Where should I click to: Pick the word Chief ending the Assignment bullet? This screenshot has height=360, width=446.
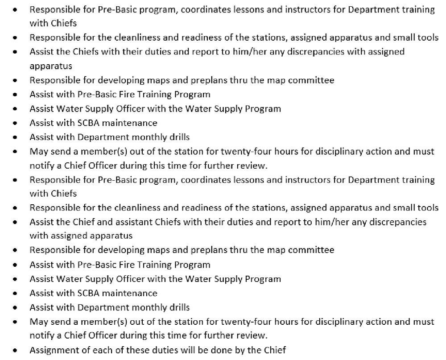(x=274, y=350)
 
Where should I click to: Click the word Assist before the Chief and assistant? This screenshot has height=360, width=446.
(x=41, y=222)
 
